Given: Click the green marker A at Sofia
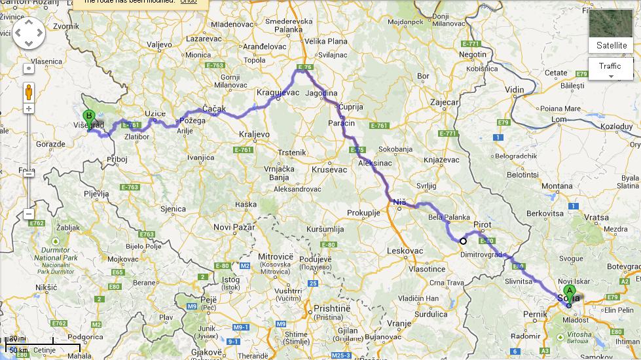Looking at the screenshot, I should tap(569, 292).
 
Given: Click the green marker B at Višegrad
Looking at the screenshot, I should tap(88, 118).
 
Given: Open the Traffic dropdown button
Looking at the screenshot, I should tap(610, 69).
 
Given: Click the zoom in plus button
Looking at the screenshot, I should tap(29, 108).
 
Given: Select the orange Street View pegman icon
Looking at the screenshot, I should tap(29, 91).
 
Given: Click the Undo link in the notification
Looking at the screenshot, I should tap(189, 2).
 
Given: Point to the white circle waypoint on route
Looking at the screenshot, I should tap(463, 241).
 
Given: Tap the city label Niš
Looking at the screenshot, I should tap(399, 203).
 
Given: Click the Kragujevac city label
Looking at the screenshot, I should tap(278, 93).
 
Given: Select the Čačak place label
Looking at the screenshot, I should tap(214, 109).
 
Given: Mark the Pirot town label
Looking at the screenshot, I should tap(482, 225).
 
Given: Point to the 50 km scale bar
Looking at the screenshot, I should tap(20, 351).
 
